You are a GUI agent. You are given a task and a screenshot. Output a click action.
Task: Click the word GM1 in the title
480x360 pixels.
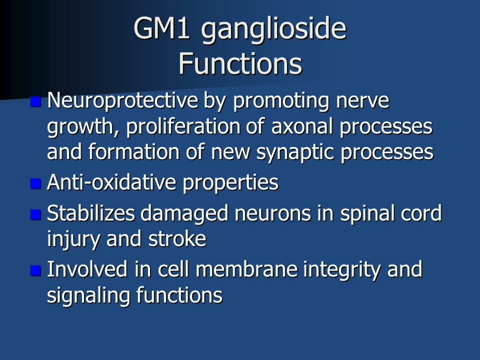161,28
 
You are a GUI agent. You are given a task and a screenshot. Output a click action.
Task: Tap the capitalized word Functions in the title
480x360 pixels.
240,63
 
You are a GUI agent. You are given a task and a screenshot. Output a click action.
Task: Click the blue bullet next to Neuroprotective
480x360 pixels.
35,101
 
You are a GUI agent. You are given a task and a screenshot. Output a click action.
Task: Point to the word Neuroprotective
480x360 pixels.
122,100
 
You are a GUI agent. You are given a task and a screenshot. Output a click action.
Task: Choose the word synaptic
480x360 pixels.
295,152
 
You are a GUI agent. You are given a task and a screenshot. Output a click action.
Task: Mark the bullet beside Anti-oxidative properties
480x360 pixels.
35,183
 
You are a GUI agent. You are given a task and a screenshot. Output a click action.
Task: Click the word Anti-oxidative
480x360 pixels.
111,182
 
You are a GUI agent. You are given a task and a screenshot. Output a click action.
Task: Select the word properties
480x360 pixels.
230,183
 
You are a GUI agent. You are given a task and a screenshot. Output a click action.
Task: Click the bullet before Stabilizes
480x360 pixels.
35,214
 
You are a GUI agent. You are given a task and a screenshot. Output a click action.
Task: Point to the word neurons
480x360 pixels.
273,214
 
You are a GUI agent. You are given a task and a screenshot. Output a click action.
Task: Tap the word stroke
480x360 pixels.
177,239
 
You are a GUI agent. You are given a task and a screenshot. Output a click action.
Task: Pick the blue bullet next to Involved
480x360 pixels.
35,270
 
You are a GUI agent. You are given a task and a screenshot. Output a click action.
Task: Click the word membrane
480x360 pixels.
246,269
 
